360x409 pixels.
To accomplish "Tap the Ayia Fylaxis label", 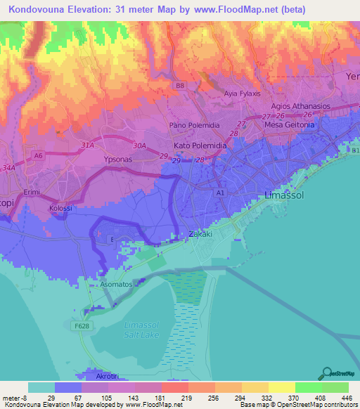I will [243, 93].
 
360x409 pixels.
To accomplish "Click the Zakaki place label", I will [201, 235].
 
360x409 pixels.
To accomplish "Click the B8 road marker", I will [180, 86].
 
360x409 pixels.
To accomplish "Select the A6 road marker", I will [39, 156].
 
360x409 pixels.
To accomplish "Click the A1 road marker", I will [220, 191].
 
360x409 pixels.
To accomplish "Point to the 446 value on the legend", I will [335, 397].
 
